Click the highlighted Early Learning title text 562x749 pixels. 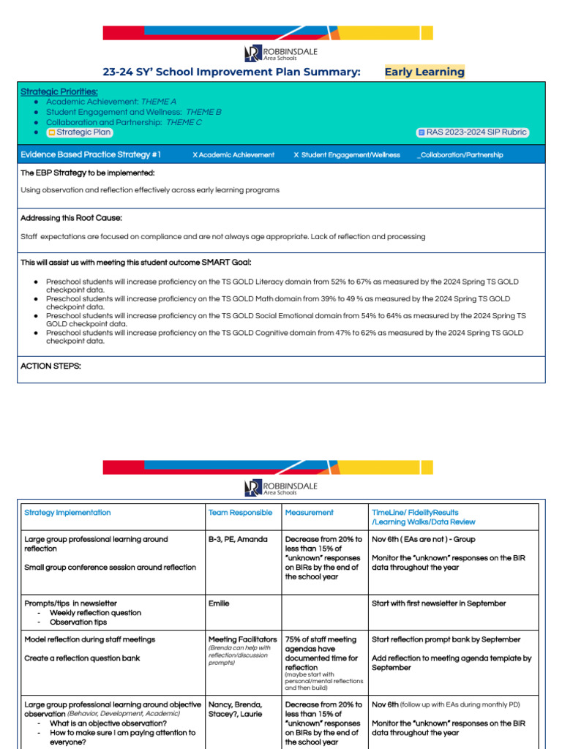click(x=424, y=72)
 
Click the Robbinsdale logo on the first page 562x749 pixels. click(x=280, y=53)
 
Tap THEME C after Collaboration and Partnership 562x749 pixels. click(x=184, y=122)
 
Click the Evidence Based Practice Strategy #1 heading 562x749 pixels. click(x=91, y=155)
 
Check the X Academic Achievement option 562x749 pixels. click(x=233, y=155)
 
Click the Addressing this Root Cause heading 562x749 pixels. click(x=71, y=218)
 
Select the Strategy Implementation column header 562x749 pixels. click(x=67, y=513)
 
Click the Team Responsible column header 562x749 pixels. click(x=240, y=513)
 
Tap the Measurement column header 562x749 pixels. click(x=309, y=513)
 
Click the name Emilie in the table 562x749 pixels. click(x=219, y=603)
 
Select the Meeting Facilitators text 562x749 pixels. click(x=242, y=639)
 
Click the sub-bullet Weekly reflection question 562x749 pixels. click(x=95, y=613)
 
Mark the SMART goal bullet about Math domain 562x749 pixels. click(x=278, y=303)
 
